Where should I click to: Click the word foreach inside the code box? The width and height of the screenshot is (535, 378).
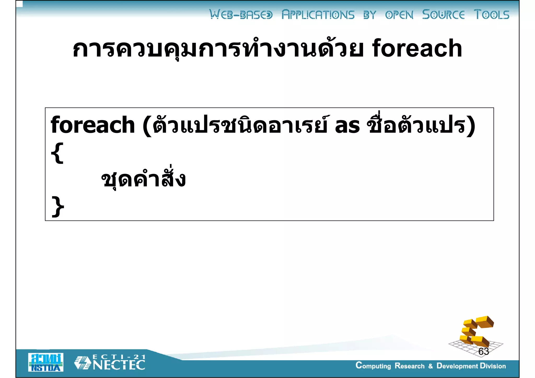[92, 125]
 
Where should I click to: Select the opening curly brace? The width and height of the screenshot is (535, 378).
[57, 153]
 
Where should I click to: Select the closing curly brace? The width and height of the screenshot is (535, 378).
[58, 206]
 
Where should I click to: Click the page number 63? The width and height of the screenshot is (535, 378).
[484, 351]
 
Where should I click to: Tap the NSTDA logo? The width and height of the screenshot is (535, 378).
[46, 362]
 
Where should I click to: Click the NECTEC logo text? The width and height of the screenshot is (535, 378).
[119, 365]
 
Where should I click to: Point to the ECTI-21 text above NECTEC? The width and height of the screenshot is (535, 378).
[119, 357]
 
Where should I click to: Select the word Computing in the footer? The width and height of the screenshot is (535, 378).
[373, 366]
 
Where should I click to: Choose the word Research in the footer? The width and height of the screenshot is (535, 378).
[409, 366]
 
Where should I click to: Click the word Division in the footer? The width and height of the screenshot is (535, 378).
[493, 366]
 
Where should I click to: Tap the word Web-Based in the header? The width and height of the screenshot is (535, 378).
[241, 15]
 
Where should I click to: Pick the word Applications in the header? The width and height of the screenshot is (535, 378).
[318, 15]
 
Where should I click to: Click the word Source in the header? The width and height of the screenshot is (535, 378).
[443, 15]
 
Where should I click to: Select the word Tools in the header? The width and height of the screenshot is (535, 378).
[491, 15]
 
